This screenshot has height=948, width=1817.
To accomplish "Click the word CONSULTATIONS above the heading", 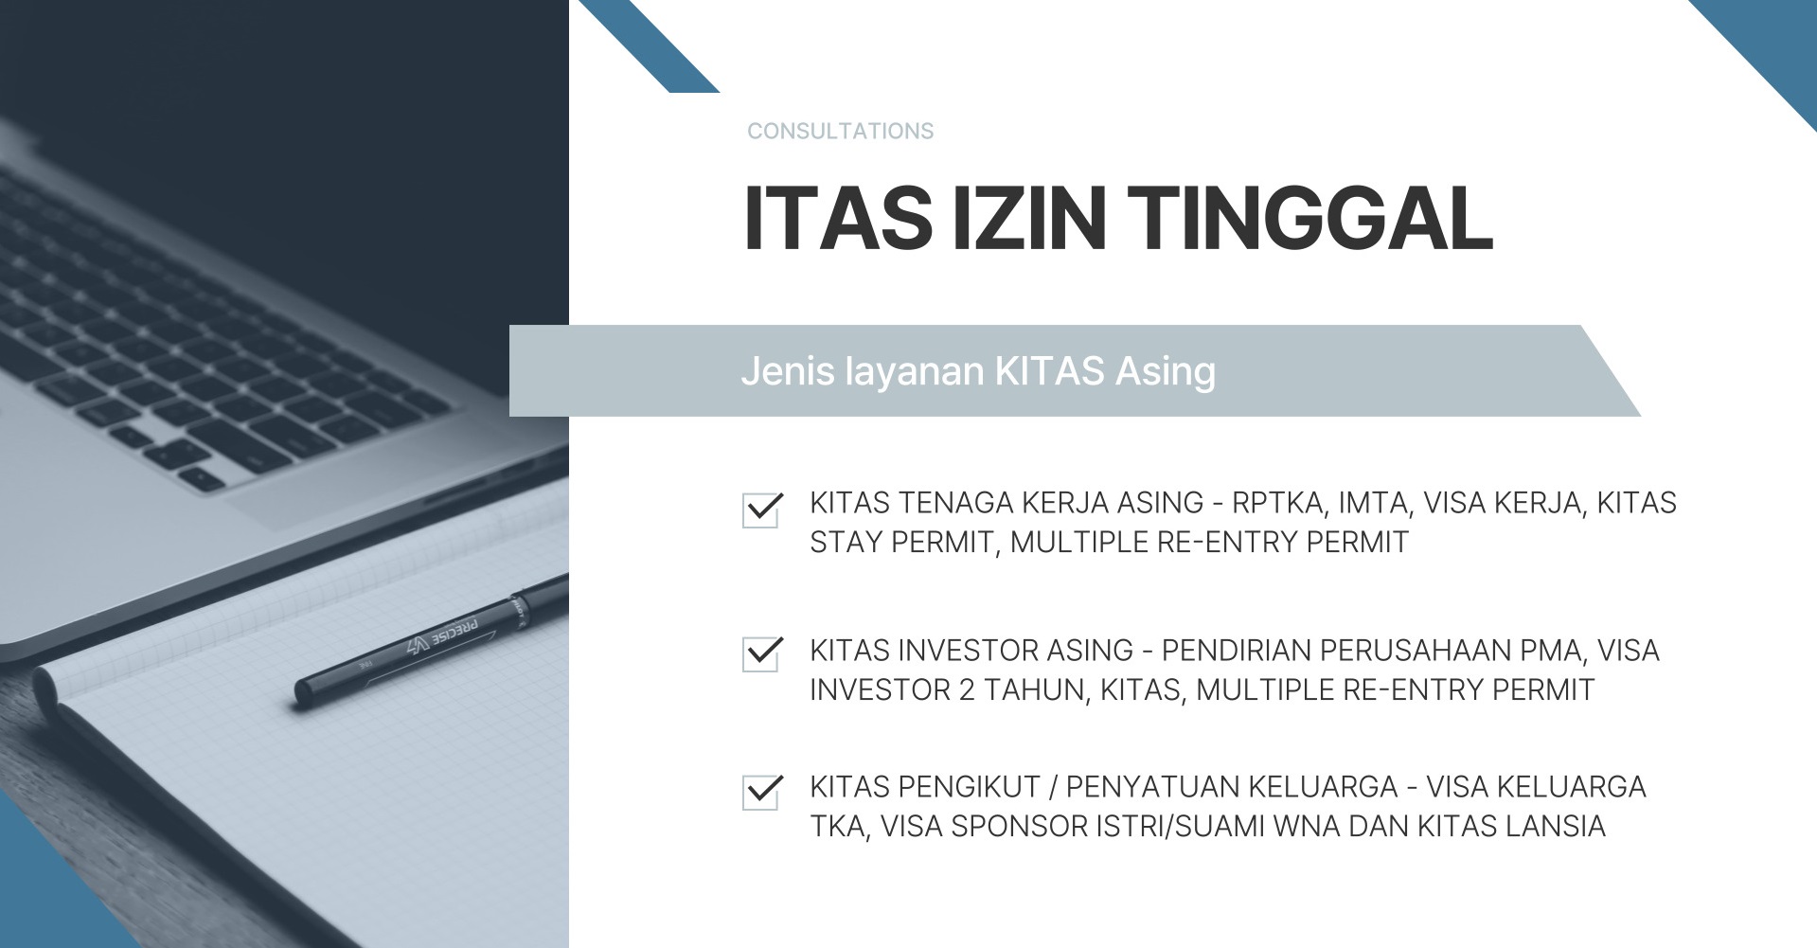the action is click(840, 131).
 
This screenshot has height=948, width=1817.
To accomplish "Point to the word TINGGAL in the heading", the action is click(1312, 218).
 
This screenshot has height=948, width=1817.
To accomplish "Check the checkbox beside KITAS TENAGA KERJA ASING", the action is click(761, 510).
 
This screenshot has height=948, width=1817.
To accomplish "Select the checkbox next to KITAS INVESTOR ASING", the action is click(761, 654).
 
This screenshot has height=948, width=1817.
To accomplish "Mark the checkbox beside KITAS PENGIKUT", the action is click(761, 793).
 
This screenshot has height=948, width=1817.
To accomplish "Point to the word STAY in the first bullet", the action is click(846, 542).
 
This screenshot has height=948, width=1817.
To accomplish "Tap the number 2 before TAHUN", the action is click(966, 689).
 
